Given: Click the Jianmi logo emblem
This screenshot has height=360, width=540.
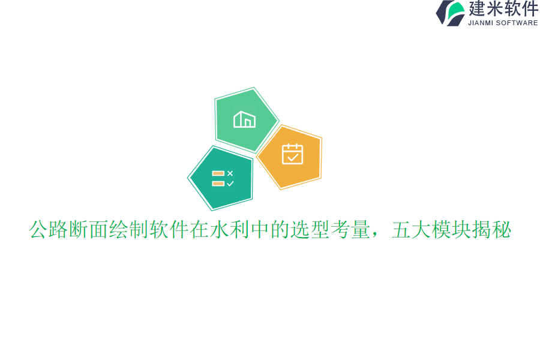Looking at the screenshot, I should coord(451,13).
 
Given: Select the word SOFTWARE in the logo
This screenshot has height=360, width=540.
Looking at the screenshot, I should coord(518,23).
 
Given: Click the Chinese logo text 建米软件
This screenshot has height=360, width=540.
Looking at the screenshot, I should coord(503,8).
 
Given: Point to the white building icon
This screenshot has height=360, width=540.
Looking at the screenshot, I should coord(244,119).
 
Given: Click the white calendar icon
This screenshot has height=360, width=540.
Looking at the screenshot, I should coord(292,154).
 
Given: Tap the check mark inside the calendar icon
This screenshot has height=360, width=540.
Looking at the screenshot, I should coord(293,157).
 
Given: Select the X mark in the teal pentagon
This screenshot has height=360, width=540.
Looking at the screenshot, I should coord(230,173).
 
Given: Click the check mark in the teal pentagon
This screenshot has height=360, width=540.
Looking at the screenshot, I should coord(230,184).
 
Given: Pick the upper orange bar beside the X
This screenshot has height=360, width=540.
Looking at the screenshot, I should coord(218,173).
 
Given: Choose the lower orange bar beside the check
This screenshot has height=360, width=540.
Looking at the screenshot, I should coord(218,184).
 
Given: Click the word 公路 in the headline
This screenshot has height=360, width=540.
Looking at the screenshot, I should coord(49,230).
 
